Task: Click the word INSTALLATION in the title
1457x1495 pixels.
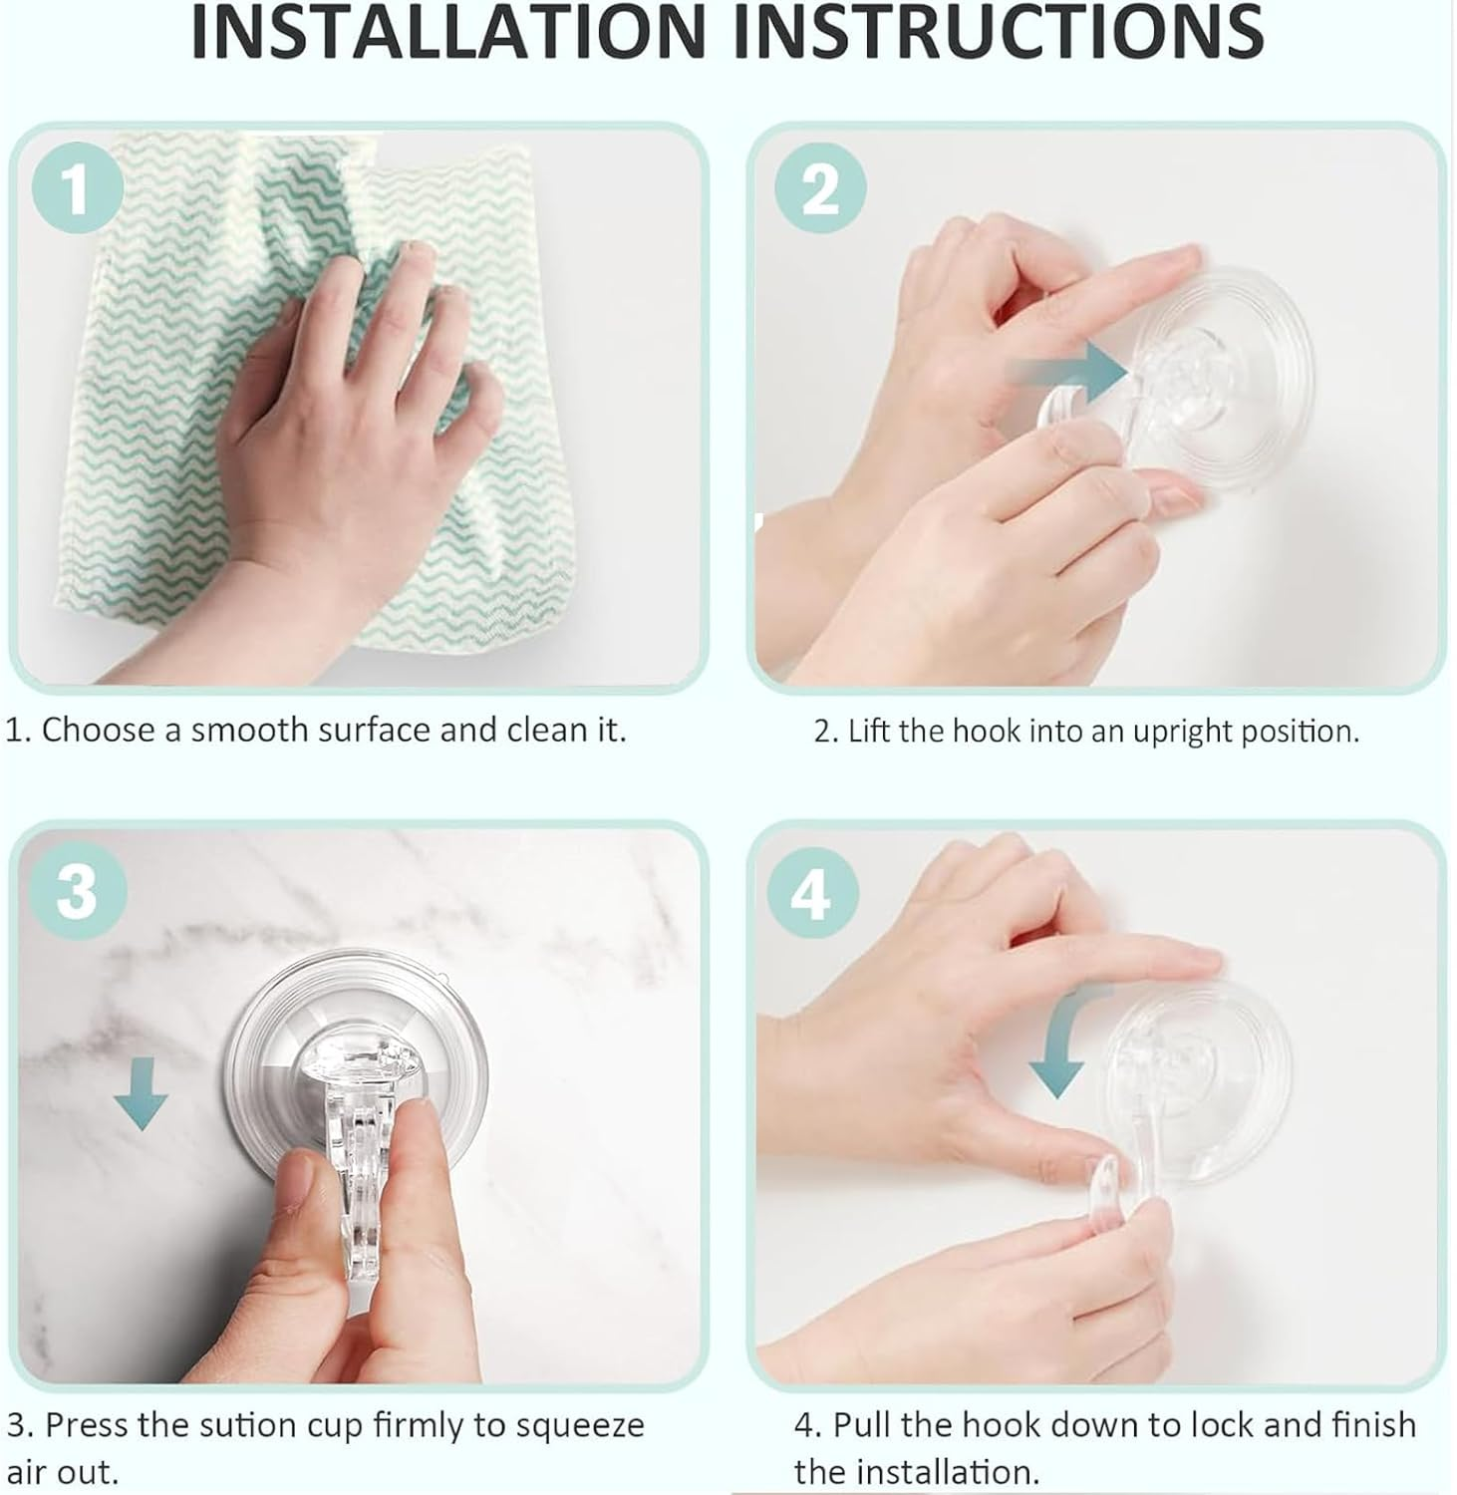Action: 459,33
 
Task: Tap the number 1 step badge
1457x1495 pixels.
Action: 78,187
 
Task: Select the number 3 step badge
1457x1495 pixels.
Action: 78,890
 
